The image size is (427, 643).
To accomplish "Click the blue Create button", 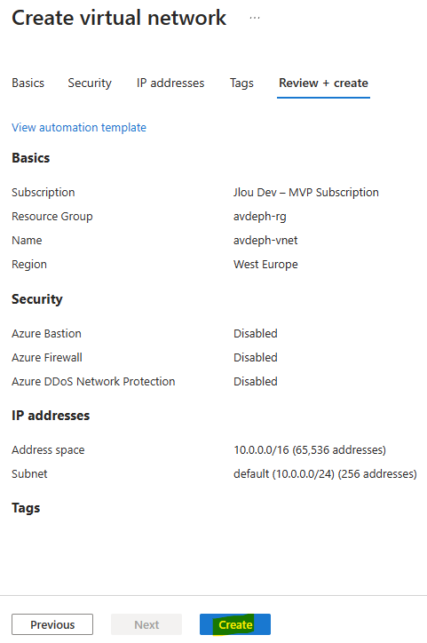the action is (235, 624).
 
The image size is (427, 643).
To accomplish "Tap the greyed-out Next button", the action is (146, 624).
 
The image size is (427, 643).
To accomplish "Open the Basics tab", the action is (28, 83).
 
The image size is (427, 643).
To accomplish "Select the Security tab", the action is (90, 83).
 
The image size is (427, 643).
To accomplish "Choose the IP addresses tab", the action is (170, 83).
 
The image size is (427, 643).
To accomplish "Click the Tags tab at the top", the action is (241, 83).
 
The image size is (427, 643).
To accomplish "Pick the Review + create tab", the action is (323, 83).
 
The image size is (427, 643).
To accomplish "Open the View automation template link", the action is (79, 128).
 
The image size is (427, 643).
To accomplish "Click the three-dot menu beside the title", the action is (255, 18).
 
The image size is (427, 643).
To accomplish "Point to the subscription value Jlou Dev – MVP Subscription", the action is (305, 193).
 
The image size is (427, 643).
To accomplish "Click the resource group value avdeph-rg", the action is (260, 216).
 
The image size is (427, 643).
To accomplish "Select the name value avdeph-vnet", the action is (265, 240).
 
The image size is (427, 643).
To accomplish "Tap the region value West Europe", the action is (265, 264).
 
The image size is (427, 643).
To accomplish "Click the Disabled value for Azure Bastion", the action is (256, 333).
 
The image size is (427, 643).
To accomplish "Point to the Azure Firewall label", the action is (47, 358).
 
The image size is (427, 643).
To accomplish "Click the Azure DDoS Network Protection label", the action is (93, 381).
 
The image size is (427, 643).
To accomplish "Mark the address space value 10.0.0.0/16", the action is (262, 450).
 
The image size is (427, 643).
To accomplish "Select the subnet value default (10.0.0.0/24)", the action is (284, 473).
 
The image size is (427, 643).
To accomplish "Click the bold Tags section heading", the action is (26, 508).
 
